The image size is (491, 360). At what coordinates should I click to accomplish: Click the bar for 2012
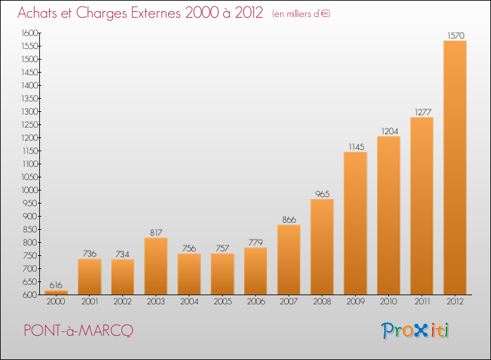pos(455,168)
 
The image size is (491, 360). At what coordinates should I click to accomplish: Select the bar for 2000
pos(56,293)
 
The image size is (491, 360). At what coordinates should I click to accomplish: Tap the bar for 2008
pos(322,247)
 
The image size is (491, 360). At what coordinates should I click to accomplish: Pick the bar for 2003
pos(156,266)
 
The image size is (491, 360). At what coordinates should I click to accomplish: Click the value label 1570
pos(456,36)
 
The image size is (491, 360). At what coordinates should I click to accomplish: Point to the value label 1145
pos(356,147)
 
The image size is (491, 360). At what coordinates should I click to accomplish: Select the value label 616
pos(56,285)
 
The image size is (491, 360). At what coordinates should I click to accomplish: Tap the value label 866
pos(289,220)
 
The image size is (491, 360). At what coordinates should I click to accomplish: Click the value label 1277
pos(423,112)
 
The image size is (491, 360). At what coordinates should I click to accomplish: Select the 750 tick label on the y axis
pos(29,255)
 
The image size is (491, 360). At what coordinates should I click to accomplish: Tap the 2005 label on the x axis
pos(223,302)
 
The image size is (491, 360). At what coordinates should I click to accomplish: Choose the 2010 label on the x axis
pos(389,302)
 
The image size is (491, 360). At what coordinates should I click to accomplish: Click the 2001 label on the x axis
pos(90,302)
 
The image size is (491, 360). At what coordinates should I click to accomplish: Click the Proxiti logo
pos(415,331)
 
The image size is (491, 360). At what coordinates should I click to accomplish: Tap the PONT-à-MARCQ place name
pos(79,331)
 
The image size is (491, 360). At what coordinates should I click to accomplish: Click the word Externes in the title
pos(156,12)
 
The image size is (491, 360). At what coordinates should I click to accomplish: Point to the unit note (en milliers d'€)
pos(301,14)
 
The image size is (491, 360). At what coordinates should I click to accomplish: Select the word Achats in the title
pos(37,12)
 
